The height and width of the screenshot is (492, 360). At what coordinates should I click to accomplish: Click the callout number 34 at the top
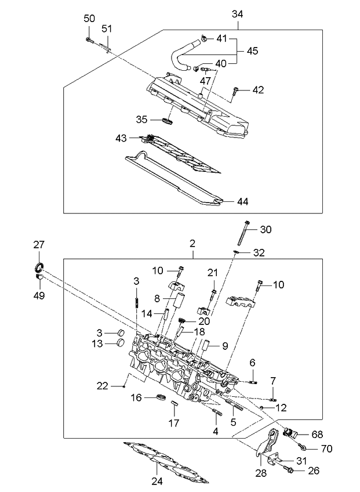coord(238,13)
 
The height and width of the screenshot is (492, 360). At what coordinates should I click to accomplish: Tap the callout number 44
coord(242,201)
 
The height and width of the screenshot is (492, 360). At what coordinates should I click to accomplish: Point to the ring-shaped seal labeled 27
coord(38,267)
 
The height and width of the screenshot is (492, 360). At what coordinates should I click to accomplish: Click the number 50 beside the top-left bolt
coord(89,19)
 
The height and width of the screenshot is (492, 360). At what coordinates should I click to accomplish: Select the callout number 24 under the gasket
coord(157,480)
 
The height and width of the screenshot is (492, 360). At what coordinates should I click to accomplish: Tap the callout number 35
coord(141,120)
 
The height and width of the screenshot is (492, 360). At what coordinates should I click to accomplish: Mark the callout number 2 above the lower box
coord(192,245)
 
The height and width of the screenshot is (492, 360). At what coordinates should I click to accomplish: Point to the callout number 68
coord(317,434)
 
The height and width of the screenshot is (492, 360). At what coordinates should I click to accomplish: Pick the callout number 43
coord(121,138)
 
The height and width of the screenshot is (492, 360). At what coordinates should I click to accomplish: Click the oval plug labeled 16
coord(162,397)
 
